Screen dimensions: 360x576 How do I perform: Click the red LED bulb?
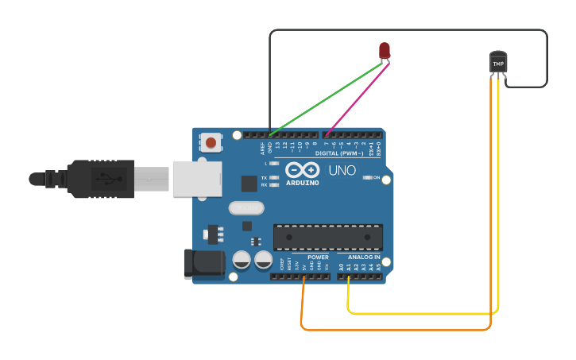pyautogui.click(x=385, y=51)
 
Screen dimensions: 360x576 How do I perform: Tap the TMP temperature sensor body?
pyautogui.click(x=498, y=62)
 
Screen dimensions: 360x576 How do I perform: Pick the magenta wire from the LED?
pyautogui.click(x=358, y=99)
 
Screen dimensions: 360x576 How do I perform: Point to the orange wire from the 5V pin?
pyautogui.click(x=397, y=329)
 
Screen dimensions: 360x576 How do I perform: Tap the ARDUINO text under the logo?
pyautogui.click(x=302, y=183)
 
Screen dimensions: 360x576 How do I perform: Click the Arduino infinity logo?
pyautogui.click(x=302, y=170)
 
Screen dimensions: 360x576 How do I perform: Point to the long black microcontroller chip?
pyautogui.click(x=327, y=237)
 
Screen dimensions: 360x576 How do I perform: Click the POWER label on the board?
pyautogui.click(x=318, y=257)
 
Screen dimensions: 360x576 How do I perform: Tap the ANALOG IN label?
pyautogui.click(x=363, y=257)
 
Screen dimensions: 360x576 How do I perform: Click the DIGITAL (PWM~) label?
pyautogui.click(x=339, y=153)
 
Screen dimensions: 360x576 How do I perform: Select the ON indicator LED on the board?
pyautogui.click(x=368, y=177)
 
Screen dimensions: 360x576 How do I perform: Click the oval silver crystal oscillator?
pyautogui.click(x=245, y=208)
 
